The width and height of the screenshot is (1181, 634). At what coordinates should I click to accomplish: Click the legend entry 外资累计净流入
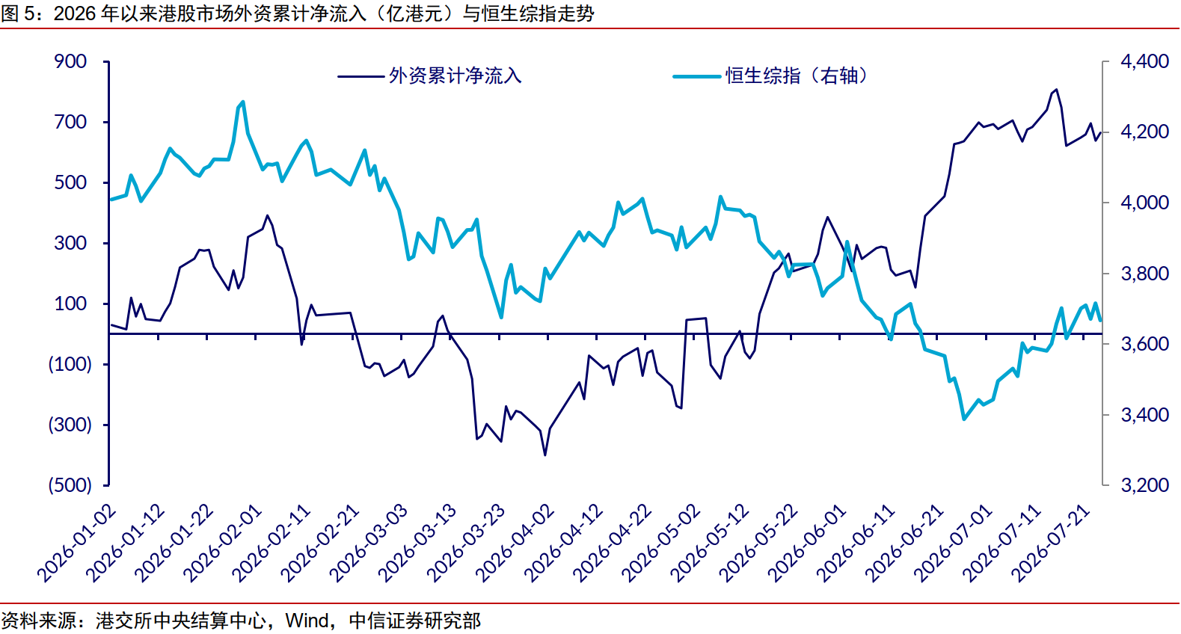point(429,76)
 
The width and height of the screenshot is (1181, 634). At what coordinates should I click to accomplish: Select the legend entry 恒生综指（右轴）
point(770,76)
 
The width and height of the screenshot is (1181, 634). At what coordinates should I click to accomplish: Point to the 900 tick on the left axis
point(70,61)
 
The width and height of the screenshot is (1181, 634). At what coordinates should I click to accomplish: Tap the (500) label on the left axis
point(70,485)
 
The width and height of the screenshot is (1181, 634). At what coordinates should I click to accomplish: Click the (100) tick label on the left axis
point(70,364)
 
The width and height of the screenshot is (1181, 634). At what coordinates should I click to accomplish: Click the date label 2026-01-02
point(76,544)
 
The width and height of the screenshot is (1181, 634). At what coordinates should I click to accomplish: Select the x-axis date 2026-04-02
point(515,544)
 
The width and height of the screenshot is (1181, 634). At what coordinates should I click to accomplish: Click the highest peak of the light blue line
point(242,102)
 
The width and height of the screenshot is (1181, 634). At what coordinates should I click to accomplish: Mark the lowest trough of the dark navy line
point(545,455)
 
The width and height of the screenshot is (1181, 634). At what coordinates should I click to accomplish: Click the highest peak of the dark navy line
point(1056,90)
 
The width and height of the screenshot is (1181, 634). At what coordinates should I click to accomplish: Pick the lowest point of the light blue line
point(964,419)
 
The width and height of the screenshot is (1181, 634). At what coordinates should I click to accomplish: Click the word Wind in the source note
point(307,621)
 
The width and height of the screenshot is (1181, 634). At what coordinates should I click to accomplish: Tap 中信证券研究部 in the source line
point(415,621)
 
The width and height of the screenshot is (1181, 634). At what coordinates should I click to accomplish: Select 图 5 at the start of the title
point(21,13)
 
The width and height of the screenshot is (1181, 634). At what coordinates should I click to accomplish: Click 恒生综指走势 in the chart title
point(539,13)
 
